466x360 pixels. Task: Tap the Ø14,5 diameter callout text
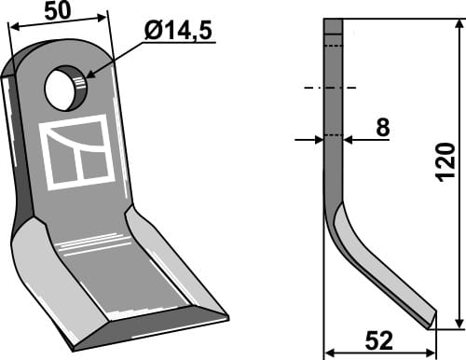click(x=178, y=31)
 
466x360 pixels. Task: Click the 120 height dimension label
click(x=445, y=165)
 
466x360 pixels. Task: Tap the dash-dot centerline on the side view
click(x=331, y=89)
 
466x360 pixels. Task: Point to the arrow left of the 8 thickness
click(x=315, y=140)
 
